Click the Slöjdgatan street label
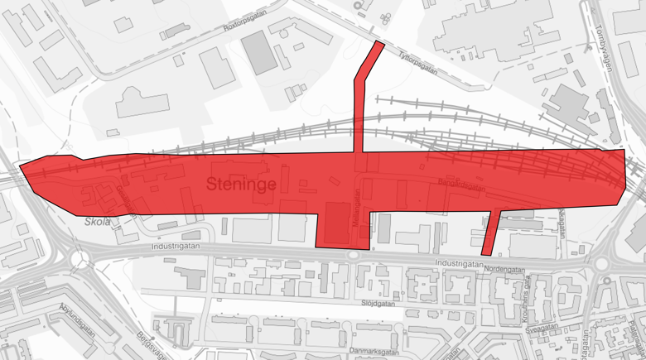(378, 303)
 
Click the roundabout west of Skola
(80, 259)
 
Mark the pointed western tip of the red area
(21, 170)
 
